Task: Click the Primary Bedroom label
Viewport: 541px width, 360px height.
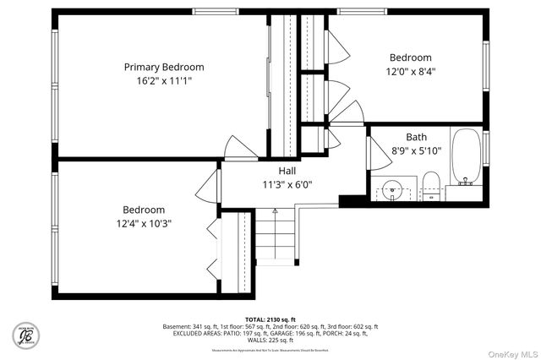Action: pyautogui.click(x=164, y=67)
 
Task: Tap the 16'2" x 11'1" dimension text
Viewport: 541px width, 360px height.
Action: pyautogui.click(x=164, y=81)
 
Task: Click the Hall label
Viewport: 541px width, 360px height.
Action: pyautogui.click(x=276, y=170)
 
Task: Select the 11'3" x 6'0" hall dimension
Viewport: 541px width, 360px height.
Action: pyautogui.click(x=276, y=184)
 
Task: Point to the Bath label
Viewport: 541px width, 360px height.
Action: pyautogui.click(x=416, y=137)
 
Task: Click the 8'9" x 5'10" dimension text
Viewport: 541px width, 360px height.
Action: pyautogui.click(x=416, y=150)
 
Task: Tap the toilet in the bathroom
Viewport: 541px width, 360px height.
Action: pyautogui.click(x=429, y=184)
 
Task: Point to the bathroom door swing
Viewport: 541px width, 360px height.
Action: pyautogui.click(x=374, y=153)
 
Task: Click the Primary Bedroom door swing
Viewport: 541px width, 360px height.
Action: pyautogui.click(x=241, y=146)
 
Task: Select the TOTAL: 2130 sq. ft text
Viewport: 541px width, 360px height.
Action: pyautogui.click(x=270, y=319)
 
